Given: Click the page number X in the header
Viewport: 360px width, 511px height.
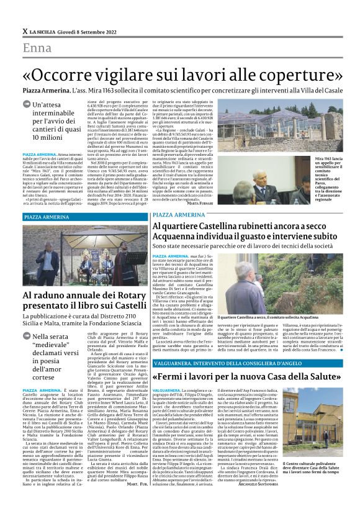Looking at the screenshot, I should pos(25,30).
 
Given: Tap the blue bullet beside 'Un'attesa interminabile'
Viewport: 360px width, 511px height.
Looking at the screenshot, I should pos(27,106).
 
